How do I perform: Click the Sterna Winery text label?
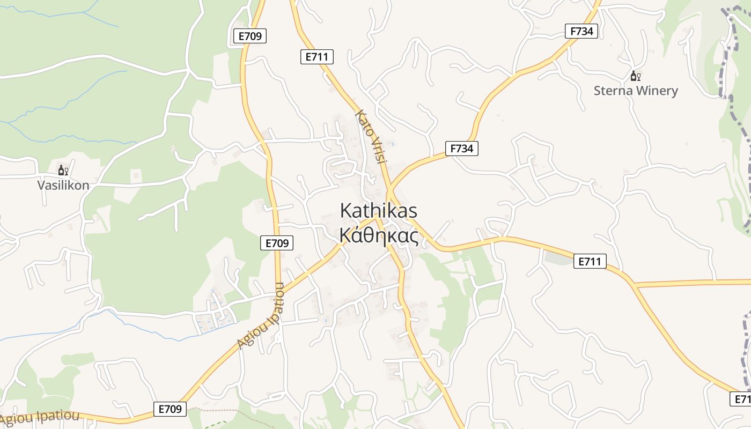636,91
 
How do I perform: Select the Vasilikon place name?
63,186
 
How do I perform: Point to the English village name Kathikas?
379,211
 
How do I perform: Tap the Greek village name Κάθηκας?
379,235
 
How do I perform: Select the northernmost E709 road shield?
251,36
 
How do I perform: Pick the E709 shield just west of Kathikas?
277,243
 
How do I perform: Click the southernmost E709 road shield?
170,409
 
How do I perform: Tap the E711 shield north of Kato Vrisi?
317,57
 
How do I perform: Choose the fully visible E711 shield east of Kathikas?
590,261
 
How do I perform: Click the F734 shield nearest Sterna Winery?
581,31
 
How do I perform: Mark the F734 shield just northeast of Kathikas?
461,149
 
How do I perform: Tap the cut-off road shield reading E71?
741,399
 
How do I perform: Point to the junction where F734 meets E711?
390,189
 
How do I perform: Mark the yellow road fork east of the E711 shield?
634,284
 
